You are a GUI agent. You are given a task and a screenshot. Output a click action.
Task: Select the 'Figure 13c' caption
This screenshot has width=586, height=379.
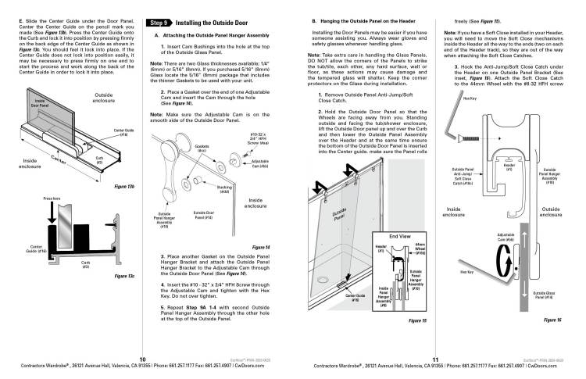(x=123, y=276)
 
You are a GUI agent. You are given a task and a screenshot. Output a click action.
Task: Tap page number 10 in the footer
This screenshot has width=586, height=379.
(x=142, y=358)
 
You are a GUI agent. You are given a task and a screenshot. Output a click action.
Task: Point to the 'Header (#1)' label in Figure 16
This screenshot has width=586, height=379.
(x=509, y=145)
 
